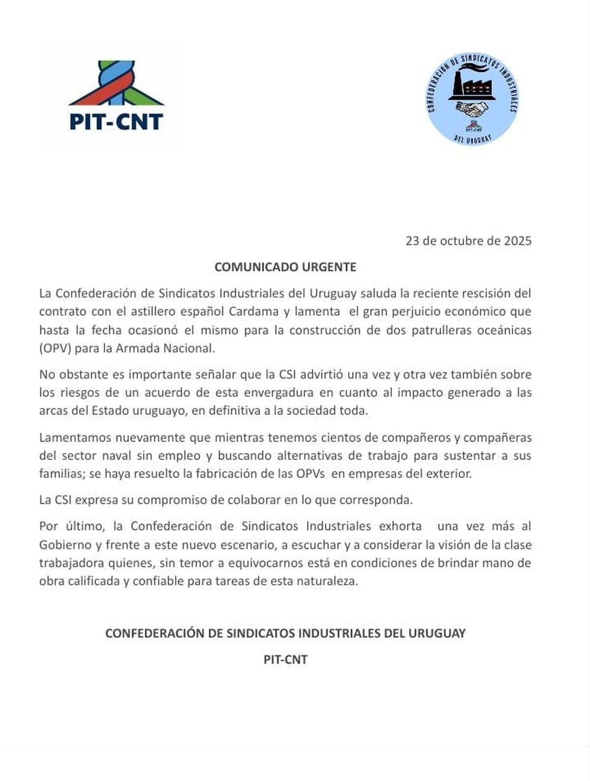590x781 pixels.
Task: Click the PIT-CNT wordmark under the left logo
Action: [x=116, y=121]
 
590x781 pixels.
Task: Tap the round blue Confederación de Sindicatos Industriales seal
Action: [x=472, y=98]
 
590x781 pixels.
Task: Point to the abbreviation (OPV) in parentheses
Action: [x=56, y=348]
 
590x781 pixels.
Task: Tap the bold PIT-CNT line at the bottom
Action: [x=285, y=660]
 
